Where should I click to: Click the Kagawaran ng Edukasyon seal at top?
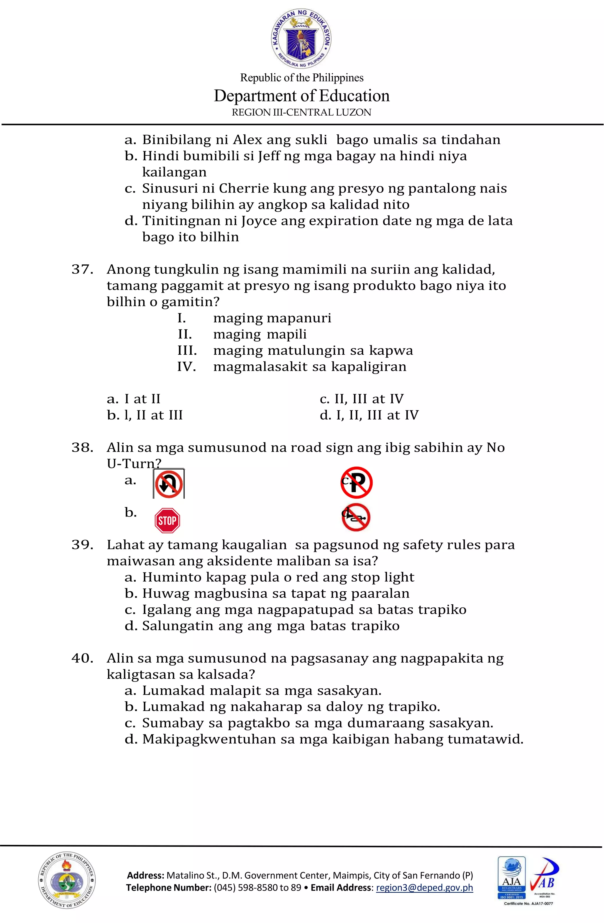pyautogui.click(x=301, y=39)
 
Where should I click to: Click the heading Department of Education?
pyautogui.click(x=301, y=96)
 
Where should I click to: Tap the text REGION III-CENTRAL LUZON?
pyautogui.click(x=301, y=113)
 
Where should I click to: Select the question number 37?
pyautogui.click(x=82, y=269)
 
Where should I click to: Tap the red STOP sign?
pyautogui.click(x=167, y=520)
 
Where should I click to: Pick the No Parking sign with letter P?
pyautogui.click(x=357, y=483)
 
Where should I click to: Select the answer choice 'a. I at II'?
pyautogui.click(x=133, y=399)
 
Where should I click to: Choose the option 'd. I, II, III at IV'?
pyautogui.click(x=369, y=415)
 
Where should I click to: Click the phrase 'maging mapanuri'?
pyautogui.click(x=272, y=318)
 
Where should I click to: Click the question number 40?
pyautogui.click(x=82, y=658)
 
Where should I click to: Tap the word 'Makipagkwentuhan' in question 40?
pyautogui.click(x=209, y=739)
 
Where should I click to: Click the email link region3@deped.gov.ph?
pyautogui.click(x=424, y=888)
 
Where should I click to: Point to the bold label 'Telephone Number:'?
pyautogui.click(x=168, y=888)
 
